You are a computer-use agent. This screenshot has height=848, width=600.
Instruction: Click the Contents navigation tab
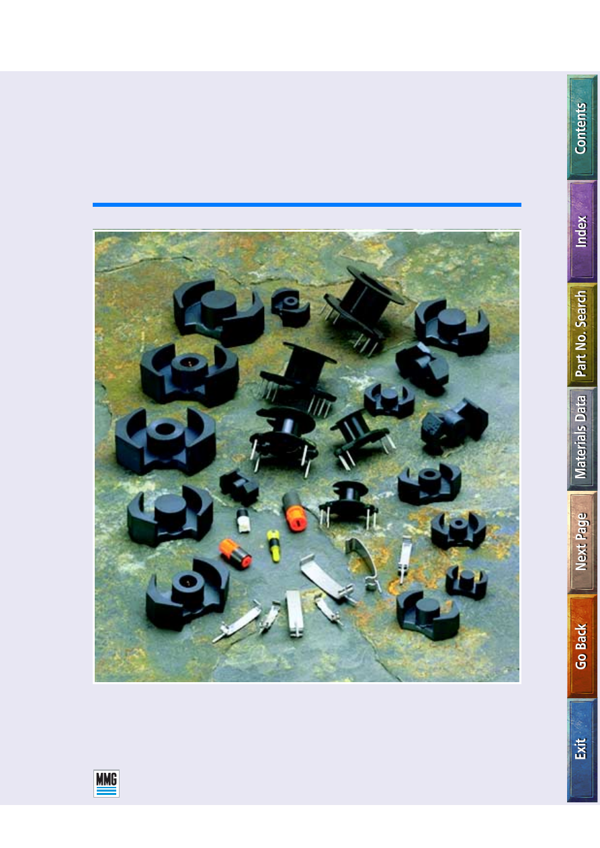(x=582, y=127)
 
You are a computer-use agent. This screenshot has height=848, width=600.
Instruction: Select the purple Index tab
(x=582, y=232)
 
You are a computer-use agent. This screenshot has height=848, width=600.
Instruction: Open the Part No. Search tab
(x=582, y=334)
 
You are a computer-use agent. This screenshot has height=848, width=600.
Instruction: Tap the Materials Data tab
(x=582, y=438)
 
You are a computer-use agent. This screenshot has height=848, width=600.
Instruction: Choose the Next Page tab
(x=582, y=542)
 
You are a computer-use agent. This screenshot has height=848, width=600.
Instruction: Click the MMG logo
(x=106, y=784)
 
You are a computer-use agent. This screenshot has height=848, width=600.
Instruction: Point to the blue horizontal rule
(x=307, y=205)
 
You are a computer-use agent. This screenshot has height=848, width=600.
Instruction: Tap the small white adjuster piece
(x=243, y=521)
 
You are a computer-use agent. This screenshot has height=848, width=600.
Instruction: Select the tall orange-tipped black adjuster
(x=294, y=512)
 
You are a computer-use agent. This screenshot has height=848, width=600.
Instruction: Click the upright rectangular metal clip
(x=294, y=613)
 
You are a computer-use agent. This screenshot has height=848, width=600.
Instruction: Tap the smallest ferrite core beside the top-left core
(x=290, y=307)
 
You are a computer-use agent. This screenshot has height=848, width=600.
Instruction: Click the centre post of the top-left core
(x=218, y=306)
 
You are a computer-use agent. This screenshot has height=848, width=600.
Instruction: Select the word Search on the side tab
(x=581, y=310)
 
